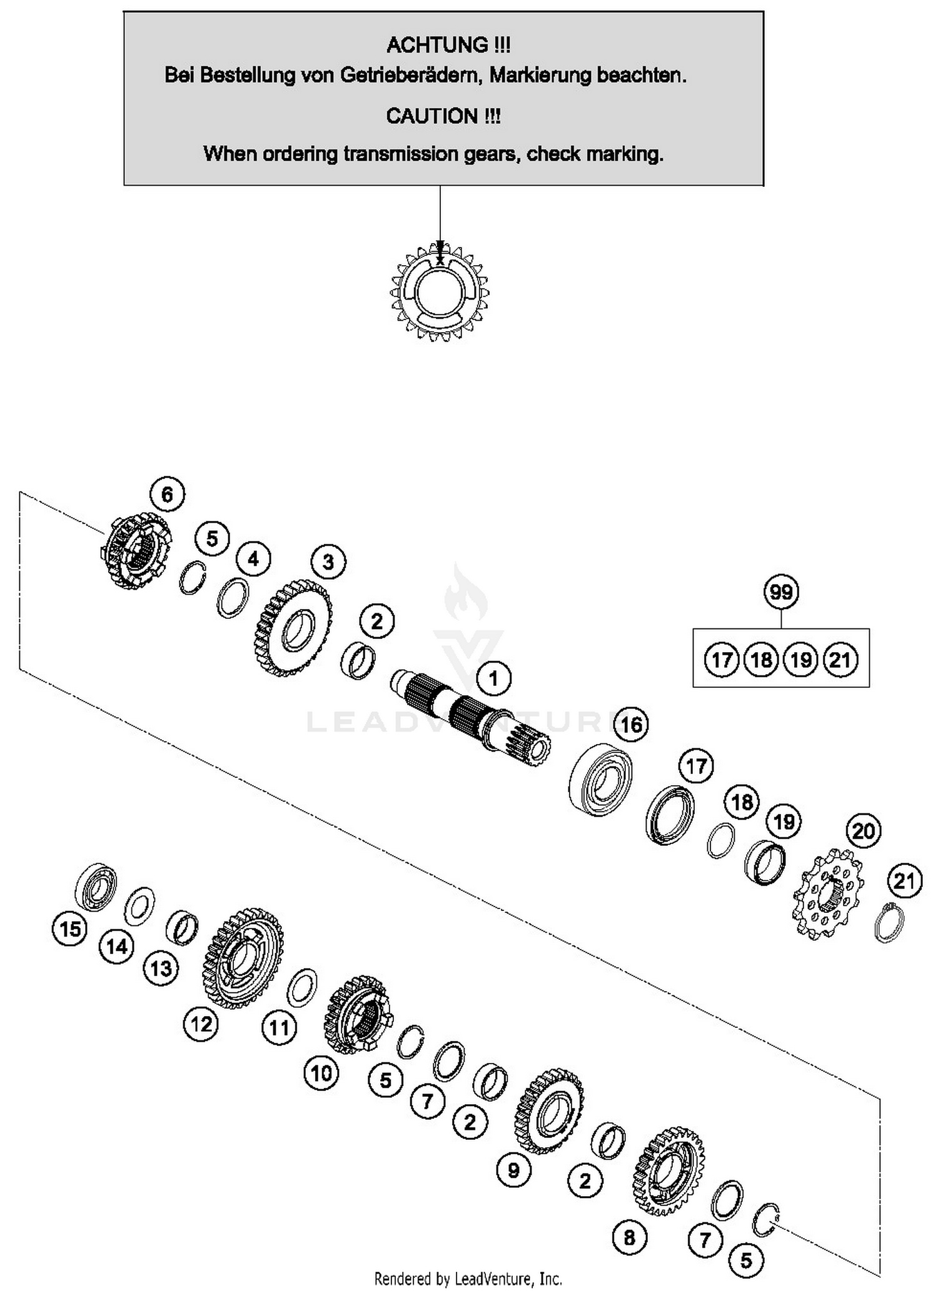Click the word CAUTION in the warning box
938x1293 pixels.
pyautogui.click(x=431, y=116)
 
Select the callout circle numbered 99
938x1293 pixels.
pyautogui.click(x=781, y=591)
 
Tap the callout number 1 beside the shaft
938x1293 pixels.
pyautogui.click(x=493, y=678)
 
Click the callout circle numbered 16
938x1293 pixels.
pyautogui.click(x=631, y=725)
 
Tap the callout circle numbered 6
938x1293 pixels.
pyautogui.click(x=168, y=495)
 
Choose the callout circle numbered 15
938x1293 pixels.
pyautogui.click(x=69, y=928)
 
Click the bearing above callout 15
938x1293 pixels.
pyautogui.click(x=96, y=886)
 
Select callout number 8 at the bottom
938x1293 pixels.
pyautogui.click(x=629, y=1237)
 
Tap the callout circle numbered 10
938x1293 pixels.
pyautogui.click(x=321, y=1074)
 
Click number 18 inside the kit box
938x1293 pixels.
pyautogui.click(x=761, y=660)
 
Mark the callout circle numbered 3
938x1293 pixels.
pyautogui.click(x=328, y=561)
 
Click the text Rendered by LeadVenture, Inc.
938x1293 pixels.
pyautogui.click(x=468, y=1278)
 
